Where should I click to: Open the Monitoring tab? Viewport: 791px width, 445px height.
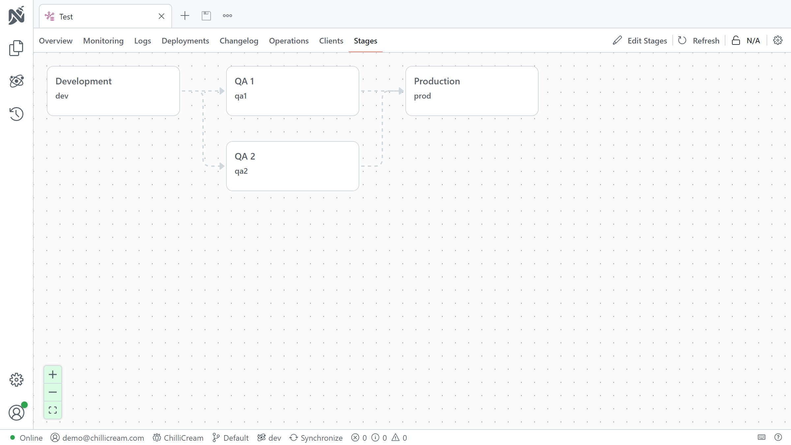click(x=103, y=41)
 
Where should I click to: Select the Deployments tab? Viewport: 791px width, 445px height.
click(x=185, y=41)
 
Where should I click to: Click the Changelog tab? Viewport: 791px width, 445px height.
click(x=239, y=41)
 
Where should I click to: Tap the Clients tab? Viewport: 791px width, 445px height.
click(x=331, y=41)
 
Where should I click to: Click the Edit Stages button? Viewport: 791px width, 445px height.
click(x=640, y=41)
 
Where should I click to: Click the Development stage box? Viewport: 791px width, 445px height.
click(x=113, y=91)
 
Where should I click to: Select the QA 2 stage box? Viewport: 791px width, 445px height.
click(x=293, y=166)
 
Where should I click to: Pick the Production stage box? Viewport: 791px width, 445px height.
click(x=472, y=91)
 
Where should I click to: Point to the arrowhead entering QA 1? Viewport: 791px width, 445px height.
click(x=222, y=91)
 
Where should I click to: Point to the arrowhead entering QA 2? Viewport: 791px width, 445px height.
click(x=222, y=166)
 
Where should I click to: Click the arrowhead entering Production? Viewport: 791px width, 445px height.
click(x=401, y=91)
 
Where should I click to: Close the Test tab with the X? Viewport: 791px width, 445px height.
click(x=161, y=16)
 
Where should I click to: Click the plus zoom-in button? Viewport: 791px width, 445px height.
click(x=53, y=374)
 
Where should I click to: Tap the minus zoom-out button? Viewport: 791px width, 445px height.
click(x=53, y=392)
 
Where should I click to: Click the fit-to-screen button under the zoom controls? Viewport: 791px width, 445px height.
click(x=53, y=410)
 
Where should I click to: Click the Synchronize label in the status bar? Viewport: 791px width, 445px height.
click(x=321, y=438)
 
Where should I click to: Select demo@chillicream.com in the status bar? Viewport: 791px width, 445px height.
click(x=103, y=438)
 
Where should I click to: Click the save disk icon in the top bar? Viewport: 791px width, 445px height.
click(x=206, y=15)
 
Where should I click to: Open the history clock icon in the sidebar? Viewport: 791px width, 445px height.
click(x=16, y=114)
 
